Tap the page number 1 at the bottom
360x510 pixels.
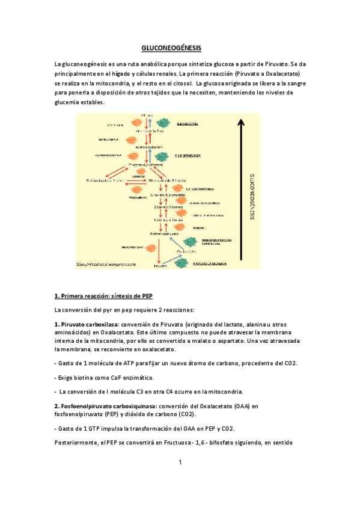coord(180,462)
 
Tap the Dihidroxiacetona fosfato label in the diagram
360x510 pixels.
coord(106,179)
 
